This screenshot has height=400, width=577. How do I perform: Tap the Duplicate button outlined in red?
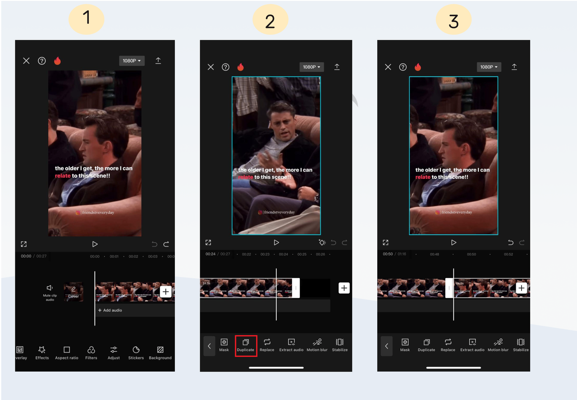[246, 345]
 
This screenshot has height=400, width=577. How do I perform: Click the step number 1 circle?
[87, 19]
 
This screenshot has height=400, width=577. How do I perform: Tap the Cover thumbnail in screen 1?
[73, 292]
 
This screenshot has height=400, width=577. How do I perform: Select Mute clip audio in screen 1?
[50, 292]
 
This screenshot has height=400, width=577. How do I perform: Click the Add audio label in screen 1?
[110, 310]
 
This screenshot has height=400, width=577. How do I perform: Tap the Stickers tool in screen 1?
[136, 353]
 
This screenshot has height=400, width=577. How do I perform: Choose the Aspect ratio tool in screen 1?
[67, 353]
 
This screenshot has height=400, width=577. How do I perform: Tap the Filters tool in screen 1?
[91, 353]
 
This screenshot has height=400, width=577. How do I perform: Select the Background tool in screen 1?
[160, 353]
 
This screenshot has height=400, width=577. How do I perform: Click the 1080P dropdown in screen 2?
[312, 67]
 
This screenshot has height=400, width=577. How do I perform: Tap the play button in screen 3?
[453, 242]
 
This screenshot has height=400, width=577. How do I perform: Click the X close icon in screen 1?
[26, 60]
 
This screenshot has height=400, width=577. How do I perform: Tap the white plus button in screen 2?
[344, 288]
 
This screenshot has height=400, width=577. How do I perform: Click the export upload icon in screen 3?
[514, 67]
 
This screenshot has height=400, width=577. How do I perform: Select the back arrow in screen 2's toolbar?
[209, 346]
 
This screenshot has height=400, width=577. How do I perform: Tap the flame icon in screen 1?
[57, 60]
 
